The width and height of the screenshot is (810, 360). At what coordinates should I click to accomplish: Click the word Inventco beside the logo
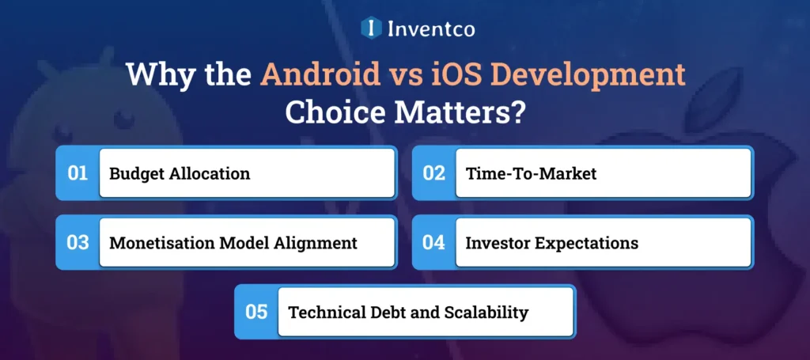431,29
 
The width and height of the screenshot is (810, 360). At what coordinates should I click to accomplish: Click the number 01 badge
78,173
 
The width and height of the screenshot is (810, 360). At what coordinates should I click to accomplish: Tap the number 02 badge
433,173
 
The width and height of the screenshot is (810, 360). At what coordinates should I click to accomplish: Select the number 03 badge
78,243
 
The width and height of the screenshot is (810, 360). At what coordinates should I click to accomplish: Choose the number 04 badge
433,243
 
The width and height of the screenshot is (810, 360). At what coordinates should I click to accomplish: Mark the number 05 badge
256,312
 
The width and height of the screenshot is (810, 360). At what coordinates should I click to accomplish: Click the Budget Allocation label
180,173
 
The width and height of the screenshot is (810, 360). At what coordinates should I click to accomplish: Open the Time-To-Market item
531,173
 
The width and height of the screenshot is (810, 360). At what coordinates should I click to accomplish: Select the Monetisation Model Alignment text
233,243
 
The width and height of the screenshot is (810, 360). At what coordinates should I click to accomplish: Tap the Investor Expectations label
551,243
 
